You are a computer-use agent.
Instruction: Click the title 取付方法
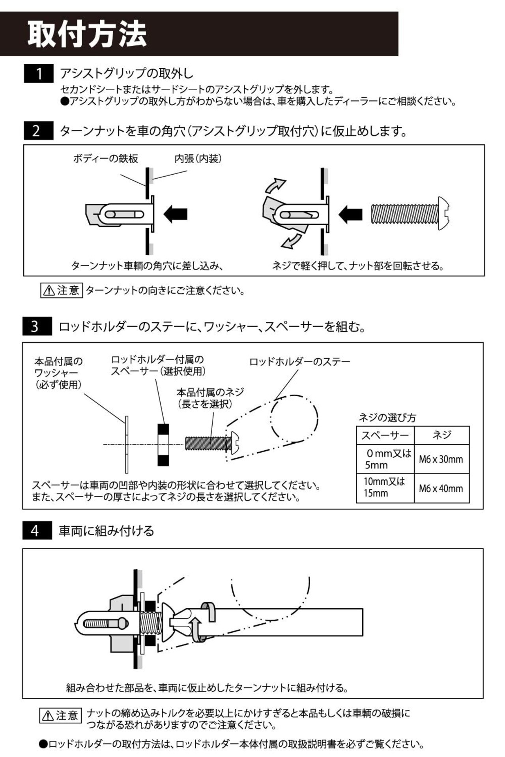tap(87, 34)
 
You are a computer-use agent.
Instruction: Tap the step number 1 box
tap(39, 74)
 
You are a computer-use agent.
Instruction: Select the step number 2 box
tap(38, 131)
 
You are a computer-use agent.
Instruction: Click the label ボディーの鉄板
tap(105, 158)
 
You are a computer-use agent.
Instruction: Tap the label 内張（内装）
tap(198, 158)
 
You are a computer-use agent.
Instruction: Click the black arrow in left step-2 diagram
tap(175, 214)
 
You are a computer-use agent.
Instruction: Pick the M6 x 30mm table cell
tap(441, 459)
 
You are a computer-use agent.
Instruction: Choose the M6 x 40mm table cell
tap(441, 489)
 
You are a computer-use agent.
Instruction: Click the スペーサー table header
tap(385, 435)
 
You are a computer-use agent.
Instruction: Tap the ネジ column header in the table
tap(441, 435)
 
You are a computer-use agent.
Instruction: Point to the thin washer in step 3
tap(127, 444)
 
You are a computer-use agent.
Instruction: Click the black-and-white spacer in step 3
tap(163, 445)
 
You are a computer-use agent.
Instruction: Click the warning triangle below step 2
tap(49, 291)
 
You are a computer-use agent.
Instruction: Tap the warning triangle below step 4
tap(48, 716)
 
